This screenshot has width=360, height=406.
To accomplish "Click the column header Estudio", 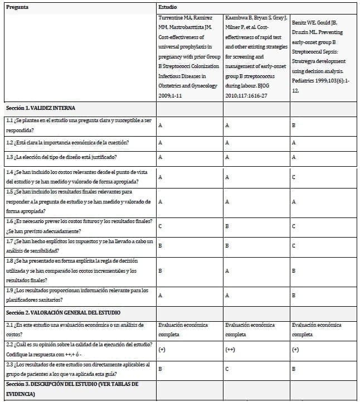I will pyautogui.click(x=168, y=8).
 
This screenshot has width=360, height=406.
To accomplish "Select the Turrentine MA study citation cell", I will pyautogui.click(x=189, y=56).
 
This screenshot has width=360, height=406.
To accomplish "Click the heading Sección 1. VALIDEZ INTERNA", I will pyautogui.click(x=40, y=108).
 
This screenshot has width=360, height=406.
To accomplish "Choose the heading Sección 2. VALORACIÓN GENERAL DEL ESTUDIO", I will pyautogui.click(x=62, y=312).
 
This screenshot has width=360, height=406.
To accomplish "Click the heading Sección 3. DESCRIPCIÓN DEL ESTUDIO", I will pyautogui.click(x=71, y=389).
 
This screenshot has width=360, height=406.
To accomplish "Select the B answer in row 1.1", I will pyautogui.click(x=294, y=125).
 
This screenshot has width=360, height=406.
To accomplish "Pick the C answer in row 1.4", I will pyautogui.click(x=294, y=177).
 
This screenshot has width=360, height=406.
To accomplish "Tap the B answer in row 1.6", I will pyautogui.click(x=227, y=226).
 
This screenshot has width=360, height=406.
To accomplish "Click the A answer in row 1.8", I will pyautogui.click(x=227, y=271).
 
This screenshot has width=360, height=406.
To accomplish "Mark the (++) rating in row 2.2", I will pyautogui.click(x=229, y=350).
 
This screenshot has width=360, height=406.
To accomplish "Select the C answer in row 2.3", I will pyautogui.click(x=227, y=369).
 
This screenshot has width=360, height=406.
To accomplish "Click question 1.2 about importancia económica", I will pyautogui.click(x=67, y=142).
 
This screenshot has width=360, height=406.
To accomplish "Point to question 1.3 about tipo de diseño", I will pyautogui.click(x=61, y=157).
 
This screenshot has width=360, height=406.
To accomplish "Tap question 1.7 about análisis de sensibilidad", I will pyautogui.click(x=77, y=245).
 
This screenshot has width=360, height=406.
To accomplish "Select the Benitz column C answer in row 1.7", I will pyautogui.click(x=294, y=245).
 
